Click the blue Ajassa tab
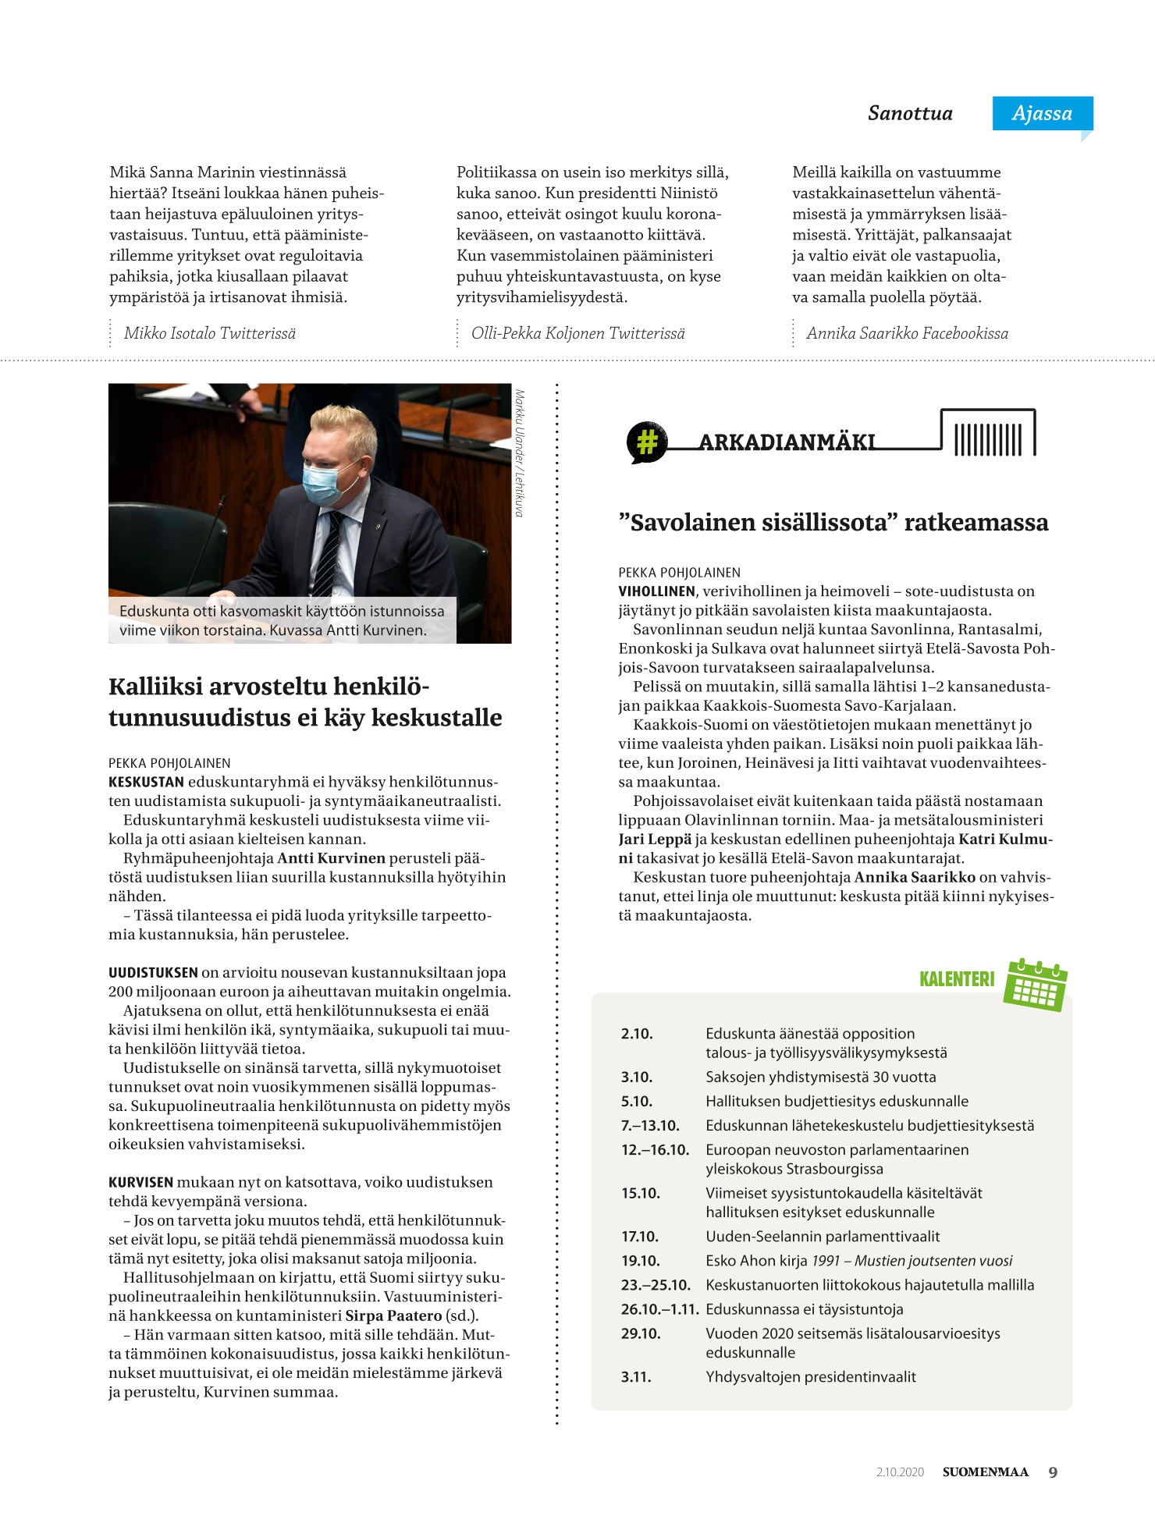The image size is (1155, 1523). click(1042, 113)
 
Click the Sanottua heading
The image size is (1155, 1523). click(910, 113)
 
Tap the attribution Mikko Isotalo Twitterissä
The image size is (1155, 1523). click(210, 333)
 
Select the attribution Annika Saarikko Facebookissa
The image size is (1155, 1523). click(907, 333)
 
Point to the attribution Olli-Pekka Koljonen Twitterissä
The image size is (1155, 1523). click(577, 333)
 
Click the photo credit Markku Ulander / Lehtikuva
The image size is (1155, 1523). click(520, 453)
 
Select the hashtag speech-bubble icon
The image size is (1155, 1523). click(647, 442)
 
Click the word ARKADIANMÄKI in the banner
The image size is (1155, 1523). click(787, 442)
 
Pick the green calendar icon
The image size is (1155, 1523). click(1036, 985)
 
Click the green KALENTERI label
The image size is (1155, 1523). click(957, 979)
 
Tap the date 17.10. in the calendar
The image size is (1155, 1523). click(640, 1237)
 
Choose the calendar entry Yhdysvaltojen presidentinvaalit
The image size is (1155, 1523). click(810, 1377)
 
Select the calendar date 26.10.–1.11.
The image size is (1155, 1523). click(659, 1309)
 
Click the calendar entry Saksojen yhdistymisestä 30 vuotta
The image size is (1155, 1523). click(820, 1077)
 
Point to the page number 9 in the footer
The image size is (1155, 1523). click(1053, 1472)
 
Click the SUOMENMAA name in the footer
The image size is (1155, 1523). click(985, 1472)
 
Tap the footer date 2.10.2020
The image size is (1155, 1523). click(900, 1472)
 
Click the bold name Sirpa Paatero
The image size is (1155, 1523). click(393, 1315)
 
